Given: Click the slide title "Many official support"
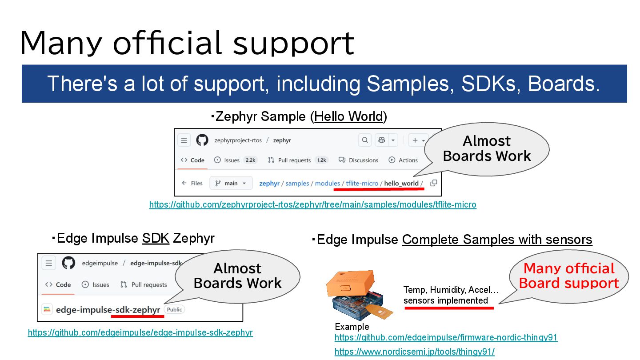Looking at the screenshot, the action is click(187, 43).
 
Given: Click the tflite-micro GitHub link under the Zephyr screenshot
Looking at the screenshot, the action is click(312, 205).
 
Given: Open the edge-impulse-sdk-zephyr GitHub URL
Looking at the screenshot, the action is click(140, 332).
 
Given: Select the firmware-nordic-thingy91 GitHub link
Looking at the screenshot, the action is click(446, 337).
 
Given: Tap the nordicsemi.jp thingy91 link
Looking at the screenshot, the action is click(414, 352).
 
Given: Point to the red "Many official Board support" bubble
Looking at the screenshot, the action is click(568, 276).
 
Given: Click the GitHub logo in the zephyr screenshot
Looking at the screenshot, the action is click(202, 140).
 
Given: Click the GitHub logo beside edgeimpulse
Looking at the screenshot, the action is click(68, 263).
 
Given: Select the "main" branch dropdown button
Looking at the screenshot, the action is click(231, 183).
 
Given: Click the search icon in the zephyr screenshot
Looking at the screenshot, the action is click(365, 140).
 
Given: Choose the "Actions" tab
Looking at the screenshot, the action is click(403, 160).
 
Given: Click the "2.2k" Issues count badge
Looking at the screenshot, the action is click(250, 160).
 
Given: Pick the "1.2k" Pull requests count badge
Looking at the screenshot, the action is click(321, 160).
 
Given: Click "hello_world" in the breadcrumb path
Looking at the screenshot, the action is click(401, 183).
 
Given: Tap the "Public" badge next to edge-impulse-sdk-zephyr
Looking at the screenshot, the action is click(175, 309).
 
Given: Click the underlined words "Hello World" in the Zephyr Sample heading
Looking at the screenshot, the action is click(348, 116).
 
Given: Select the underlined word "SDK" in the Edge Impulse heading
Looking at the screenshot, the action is click(156, 238).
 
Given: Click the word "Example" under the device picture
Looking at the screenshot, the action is click(352, 327).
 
